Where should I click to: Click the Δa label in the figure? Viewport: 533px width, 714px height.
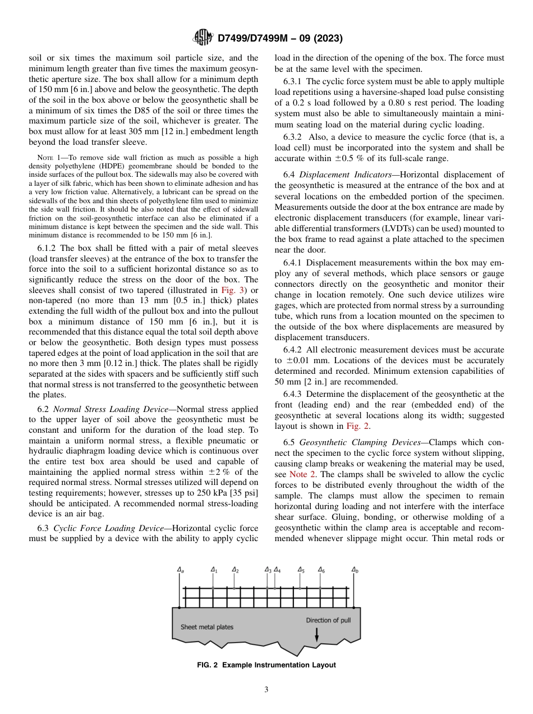tap(181, 570)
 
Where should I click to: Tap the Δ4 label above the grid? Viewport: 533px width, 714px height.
tap(277, 570)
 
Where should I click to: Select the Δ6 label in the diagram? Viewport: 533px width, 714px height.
tap(321, 570)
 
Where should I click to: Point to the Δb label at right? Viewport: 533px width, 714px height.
tap(355, 570)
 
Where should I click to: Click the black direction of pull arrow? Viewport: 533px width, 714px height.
tap(317, 634)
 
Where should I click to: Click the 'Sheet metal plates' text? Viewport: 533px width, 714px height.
tap(206, 627)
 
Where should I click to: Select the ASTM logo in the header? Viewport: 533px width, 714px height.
tap(203, 38)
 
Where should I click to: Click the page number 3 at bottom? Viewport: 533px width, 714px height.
tap(266, 689)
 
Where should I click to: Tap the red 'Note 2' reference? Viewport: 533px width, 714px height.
tap(302, 474)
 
